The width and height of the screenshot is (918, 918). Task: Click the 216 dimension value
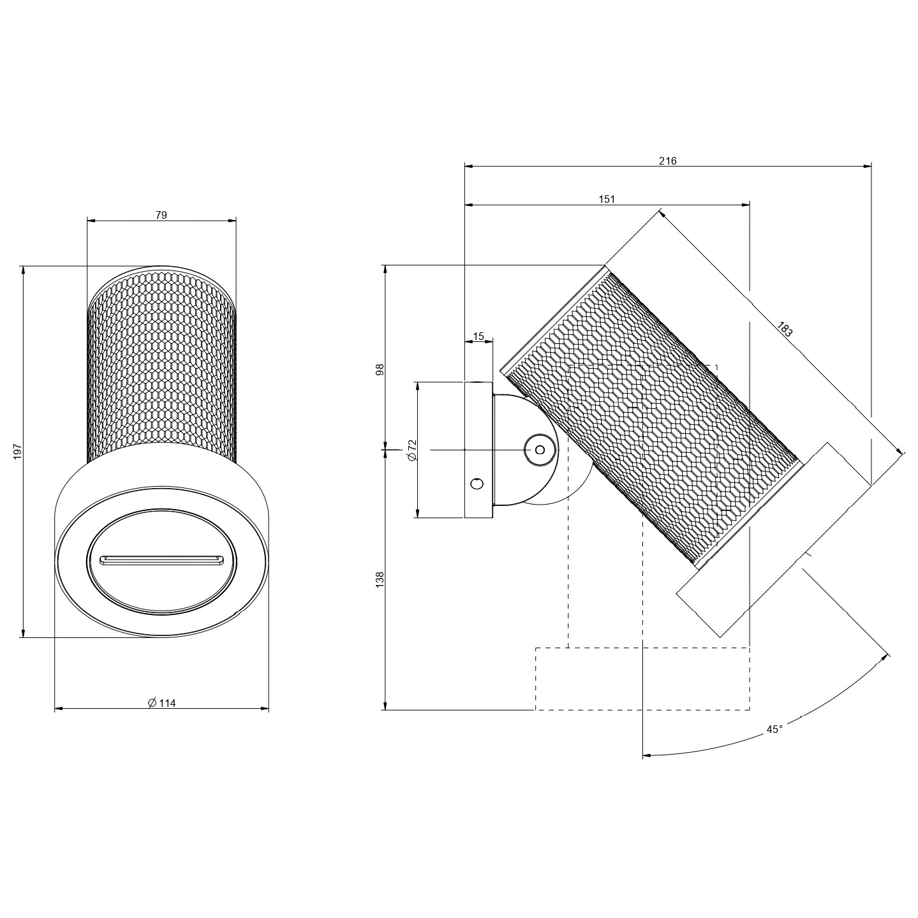pyautogui.click(x=667, y=161)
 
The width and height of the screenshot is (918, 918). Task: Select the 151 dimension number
pyautogui.click(x=607, y=199)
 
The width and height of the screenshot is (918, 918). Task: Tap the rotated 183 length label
pyautogui.click(x=785, y=329)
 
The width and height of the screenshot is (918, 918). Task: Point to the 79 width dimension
pyautogui.click(x=161, y=215)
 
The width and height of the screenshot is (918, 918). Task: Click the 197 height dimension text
pyautogui.click(x=18, y=452)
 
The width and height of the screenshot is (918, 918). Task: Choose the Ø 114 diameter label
pyautogui.click(x=162, y=703)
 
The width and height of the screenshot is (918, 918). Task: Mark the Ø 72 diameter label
pyautogui.click(x=413, y=450)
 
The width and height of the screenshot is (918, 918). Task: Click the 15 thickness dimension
pyautogui.click(x=478, y=337)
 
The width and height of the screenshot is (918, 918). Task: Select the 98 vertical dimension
pyautogui.click(x=380, y=369)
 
